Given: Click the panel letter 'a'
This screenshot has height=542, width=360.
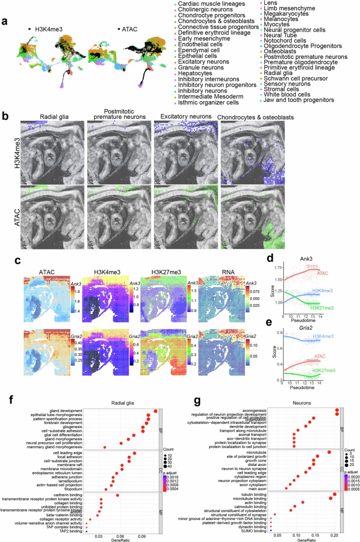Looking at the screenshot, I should pos(4,22).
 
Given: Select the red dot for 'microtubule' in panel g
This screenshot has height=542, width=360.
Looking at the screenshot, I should pos(329,452).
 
